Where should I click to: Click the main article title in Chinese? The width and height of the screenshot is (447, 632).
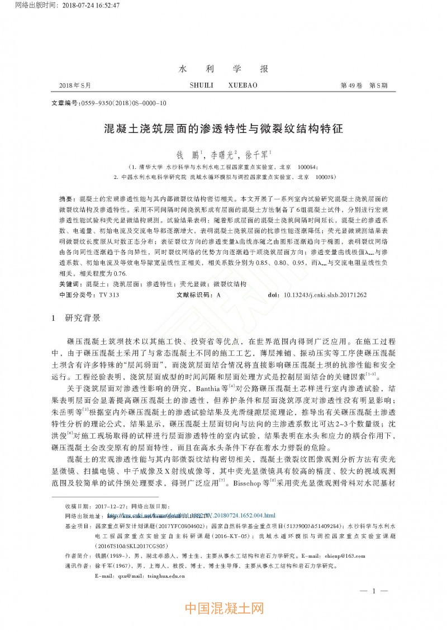point(223,129)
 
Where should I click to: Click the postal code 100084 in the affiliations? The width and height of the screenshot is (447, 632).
point(307,167)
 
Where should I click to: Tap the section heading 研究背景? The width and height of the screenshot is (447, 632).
point(84,318)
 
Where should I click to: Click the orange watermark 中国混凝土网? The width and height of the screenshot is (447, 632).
point(223,608)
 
